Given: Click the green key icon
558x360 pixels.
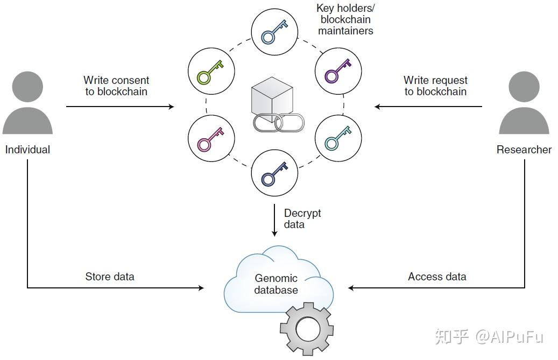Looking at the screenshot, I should [211, 70].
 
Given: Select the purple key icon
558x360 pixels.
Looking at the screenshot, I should [337, 70].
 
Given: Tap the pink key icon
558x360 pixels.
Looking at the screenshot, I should [211, 138].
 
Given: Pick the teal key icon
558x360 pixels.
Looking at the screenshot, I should [337, 138].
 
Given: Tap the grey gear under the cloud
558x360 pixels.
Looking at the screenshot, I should [307, 327].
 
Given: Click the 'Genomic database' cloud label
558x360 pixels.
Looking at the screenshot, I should [276, 284].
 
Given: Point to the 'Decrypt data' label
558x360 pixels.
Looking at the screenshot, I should [302, 218].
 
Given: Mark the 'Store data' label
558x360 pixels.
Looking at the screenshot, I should [110, 277].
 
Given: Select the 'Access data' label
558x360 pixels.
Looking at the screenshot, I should [437, 277].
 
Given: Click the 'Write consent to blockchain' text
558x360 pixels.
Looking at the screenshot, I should [116, 86].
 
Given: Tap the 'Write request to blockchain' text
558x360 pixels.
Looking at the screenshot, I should [435, 86].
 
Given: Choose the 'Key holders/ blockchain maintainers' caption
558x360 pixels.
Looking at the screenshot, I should [345, 19].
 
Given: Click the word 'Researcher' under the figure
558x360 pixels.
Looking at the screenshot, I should [524, 150].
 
